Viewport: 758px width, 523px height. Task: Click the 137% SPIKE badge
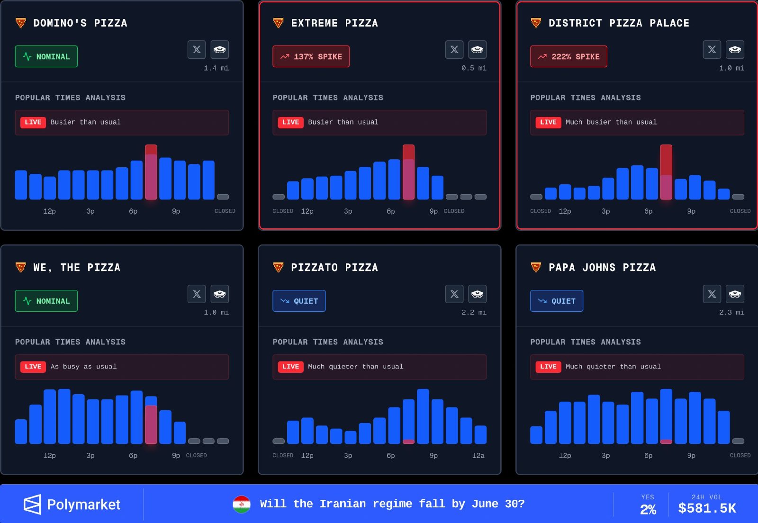311,56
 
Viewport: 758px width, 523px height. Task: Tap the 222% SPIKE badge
568,56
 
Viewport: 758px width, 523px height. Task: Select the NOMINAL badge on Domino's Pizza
46,56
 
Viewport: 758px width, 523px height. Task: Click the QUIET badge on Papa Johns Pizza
556,301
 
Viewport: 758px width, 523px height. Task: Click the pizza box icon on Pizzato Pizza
477,294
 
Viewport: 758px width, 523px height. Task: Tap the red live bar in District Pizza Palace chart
666,172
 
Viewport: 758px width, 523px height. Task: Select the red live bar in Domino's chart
151,172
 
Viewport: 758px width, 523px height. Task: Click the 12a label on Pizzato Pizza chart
478,455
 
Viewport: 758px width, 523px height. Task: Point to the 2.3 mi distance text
731,312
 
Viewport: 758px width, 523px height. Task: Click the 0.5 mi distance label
474,68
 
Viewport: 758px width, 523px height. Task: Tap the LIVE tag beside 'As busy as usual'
33,367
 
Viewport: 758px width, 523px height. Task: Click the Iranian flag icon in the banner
242,505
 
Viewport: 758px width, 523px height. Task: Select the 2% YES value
648,509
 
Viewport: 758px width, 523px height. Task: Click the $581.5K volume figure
707,508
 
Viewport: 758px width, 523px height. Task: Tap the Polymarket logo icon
32,505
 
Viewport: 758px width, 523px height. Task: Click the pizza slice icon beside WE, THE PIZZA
21,267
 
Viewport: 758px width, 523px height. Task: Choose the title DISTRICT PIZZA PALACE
619,23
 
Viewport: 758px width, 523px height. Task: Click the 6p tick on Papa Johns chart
648,455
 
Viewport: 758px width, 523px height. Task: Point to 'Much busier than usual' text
611,122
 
